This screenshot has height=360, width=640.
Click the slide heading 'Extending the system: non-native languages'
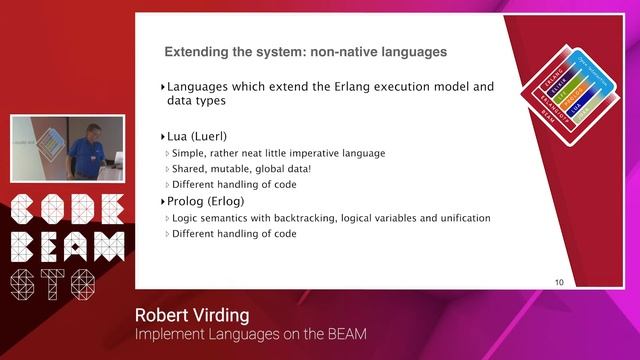pyautogui.click(x=305, y=51)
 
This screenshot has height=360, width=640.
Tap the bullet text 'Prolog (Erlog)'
pyautogui.click(x=208, y=202)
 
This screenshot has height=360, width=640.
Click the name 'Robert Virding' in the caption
pyautogui.click(x=192, y=316)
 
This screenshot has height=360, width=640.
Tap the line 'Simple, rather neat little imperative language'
pyautogui.click(x=279, y=153)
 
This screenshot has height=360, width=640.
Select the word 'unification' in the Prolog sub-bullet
pyautogui.click(x=461, y=218)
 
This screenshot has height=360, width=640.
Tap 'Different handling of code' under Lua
pyautogui.click(x=234, y=185)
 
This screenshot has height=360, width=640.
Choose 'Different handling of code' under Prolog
pyautogui.click(x=234, y=234)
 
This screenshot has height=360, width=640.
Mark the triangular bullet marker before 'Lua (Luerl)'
pyautogui.click(x=163, y=136)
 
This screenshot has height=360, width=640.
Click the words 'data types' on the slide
pyautogui.click(x=196, y=101)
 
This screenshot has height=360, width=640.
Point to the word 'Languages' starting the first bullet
pyautogui.click(x=201, y=86)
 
